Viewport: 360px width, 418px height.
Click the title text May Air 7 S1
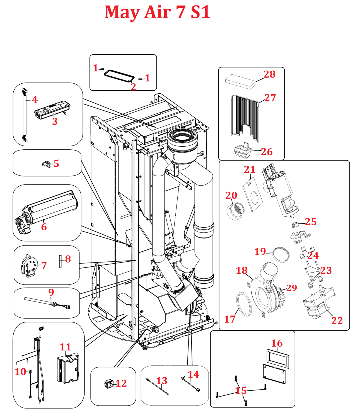pyautogui.click(x=157, y=12)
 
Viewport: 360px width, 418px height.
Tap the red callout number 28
pyautogui.click(x=269, y=74)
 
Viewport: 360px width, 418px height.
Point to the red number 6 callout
pyautogui.click(x=44, y=227)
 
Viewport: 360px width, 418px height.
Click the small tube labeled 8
pyautogui.click(x=60, y=261)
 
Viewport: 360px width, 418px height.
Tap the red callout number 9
pyautogui.click(x=51, y=292)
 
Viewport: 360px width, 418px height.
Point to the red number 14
pyautogui.click(x=193, y=375)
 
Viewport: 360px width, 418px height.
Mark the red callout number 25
pyautogui.click(x=311, y=222)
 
